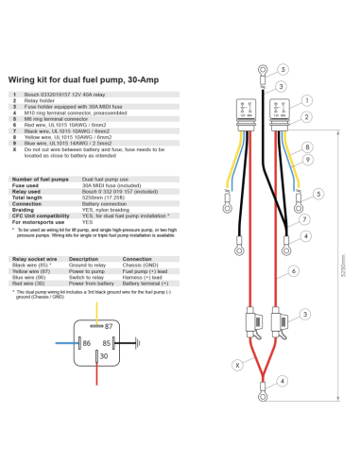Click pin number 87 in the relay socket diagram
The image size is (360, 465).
[x=80, y=326]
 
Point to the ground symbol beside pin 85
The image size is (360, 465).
[x=134, y=343]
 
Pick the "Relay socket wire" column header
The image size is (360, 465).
[x=31, y=258]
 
